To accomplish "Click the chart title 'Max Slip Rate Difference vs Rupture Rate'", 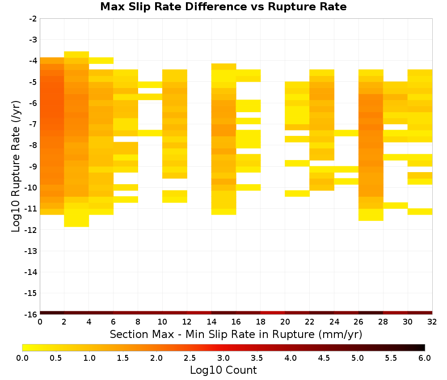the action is pos(223,7).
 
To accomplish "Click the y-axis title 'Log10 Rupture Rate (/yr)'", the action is pos(16,166).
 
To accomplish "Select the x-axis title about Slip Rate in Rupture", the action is pos(236,334).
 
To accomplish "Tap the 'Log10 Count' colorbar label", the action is pos(223,370).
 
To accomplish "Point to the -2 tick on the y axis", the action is pos(33,19).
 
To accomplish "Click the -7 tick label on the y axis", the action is pos(33,124).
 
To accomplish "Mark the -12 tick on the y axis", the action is pos(31,230).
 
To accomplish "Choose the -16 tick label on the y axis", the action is pos(31,314).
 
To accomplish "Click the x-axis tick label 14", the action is pos(211,322).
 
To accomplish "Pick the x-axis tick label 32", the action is pos(432,322).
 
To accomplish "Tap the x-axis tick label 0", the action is pos(40,322).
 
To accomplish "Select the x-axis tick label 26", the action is pos(358,322).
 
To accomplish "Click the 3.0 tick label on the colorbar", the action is pos(223,358).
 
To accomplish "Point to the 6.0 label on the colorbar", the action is pos(425,358).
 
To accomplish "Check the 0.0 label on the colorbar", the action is pos(22,358).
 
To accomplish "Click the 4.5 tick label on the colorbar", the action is pos(324,358).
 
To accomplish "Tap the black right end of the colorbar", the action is pos(423,347).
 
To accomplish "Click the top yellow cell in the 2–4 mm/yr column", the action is pos(76,55).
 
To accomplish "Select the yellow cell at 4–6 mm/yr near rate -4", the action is pos(101,60).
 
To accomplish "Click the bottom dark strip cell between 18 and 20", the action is pos(273,313).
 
